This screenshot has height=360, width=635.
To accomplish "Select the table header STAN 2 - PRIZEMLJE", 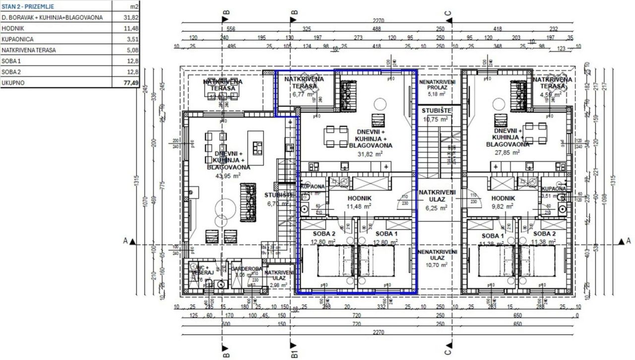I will click(28, 6).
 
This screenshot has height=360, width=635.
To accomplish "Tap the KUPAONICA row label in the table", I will click(19, 39).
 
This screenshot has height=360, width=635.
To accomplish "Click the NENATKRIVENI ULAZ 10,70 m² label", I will click(437, 258).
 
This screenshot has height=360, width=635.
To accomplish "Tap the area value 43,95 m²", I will click(227, 176).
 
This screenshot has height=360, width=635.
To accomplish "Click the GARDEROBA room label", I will click(246, 269).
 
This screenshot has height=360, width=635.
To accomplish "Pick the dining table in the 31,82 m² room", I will click(336, 137).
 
